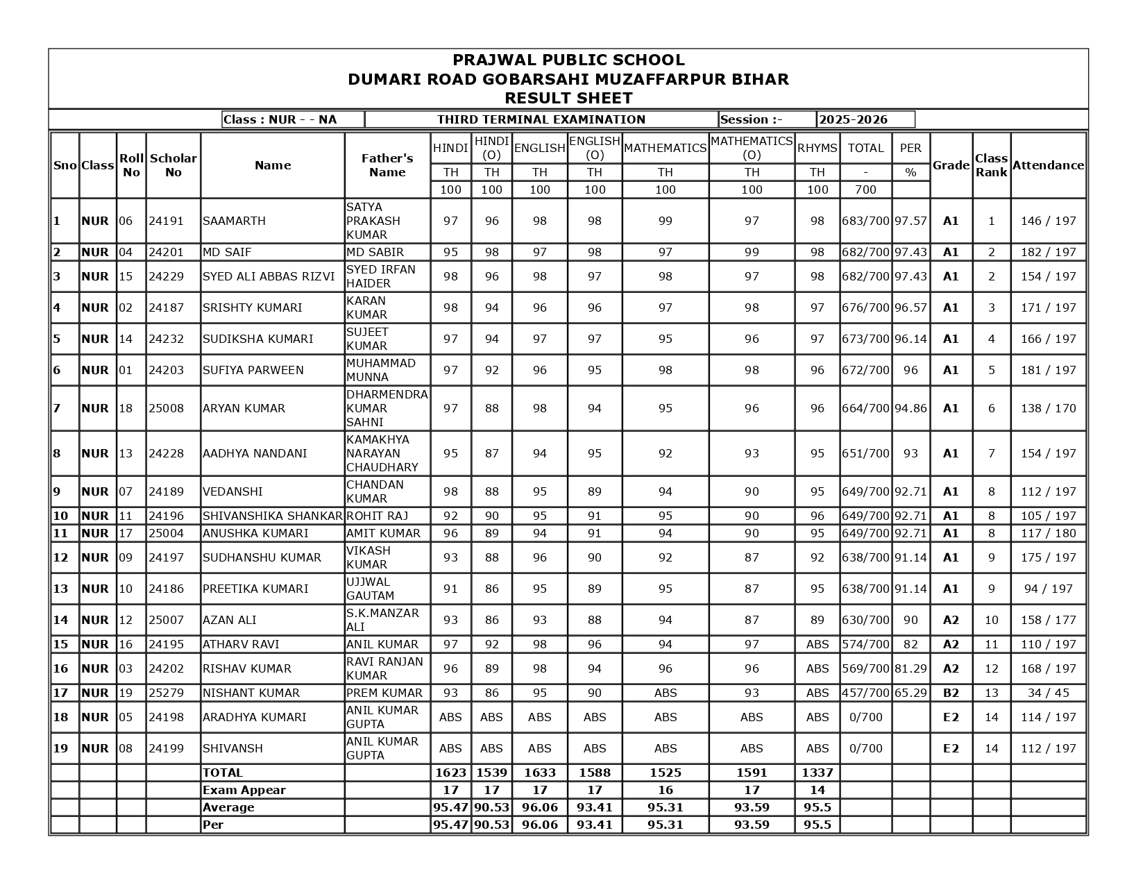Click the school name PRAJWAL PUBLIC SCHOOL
point(568,60)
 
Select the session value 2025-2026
point(853,119)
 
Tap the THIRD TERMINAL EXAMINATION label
point(541,119)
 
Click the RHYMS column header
point(817,148)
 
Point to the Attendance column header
point(1048,165)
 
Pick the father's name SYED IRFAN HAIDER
point(381,276)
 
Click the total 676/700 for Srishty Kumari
point(865,307)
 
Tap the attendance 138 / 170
point(1048,408)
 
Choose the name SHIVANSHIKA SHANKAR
point(272,516)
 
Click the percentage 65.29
point(910,693)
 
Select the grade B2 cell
point(951,693)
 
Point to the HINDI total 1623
point(450,773)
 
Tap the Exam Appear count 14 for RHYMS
point(817,790)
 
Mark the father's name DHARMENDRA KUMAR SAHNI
point(387,408)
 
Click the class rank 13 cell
point(991,693)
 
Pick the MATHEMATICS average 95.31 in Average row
point(665,807)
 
